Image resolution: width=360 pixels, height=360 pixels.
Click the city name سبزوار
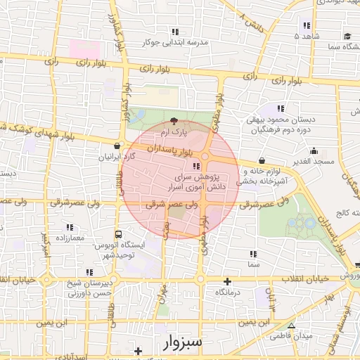coord(181,342)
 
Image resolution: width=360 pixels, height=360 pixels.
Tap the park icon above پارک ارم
coord(174,121)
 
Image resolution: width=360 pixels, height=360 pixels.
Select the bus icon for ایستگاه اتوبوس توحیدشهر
coord(117,234)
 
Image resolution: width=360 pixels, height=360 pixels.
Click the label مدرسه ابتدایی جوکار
coord(176,42)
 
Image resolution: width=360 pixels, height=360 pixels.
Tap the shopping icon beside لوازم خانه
coord(262,160)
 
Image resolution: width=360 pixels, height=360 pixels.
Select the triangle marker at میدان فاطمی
coord(291,325)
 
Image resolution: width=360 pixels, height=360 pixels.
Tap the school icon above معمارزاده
coord(70,227)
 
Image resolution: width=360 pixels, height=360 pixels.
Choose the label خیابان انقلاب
coord(305,279)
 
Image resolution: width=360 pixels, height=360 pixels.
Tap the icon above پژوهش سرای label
coord(195,167)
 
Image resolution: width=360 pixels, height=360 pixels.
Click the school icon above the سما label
coord(252,253)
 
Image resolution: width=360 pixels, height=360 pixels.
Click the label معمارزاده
coord(70,238)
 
